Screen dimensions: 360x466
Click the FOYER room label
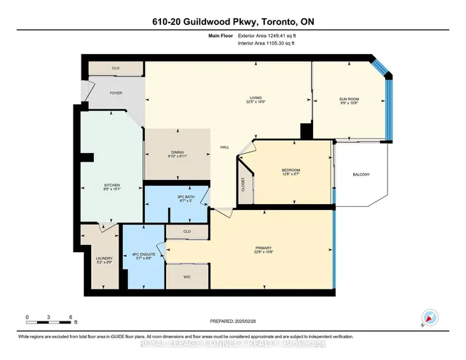[116, 93]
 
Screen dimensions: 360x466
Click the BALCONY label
[361, 174]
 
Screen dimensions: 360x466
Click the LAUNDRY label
[104, 260]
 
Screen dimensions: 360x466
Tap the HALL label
[225, 147]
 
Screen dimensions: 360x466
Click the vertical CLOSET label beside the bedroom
[243, 189]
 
